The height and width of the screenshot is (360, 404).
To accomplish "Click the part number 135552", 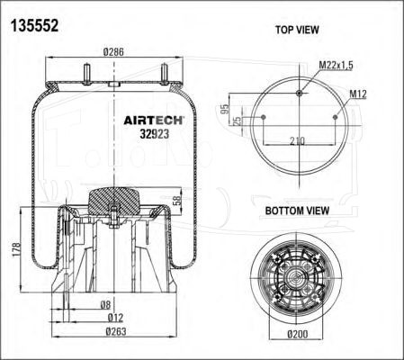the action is (34, 25).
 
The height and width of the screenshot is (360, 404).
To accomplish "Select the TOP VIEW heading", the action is (297, 30).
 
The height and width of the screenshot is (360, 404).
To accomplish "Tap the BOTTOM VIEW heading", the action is (297, 211).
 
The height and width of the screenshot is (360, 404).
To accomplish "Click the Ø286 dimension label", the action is (113, 52).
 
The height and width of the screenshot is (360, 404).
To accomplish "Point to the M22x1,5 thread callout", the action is (336, 65).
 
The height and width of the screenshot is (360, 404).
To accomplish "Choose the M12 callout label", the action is (358, 94).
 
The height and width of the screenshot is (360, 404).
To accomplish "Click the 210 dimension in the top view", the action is (297, 140).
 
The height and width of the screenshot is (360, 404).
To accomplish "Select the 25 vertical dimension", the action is (237, 121).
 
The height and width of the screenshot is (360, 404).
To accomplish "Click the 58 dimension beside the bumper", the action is (177, 201).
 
